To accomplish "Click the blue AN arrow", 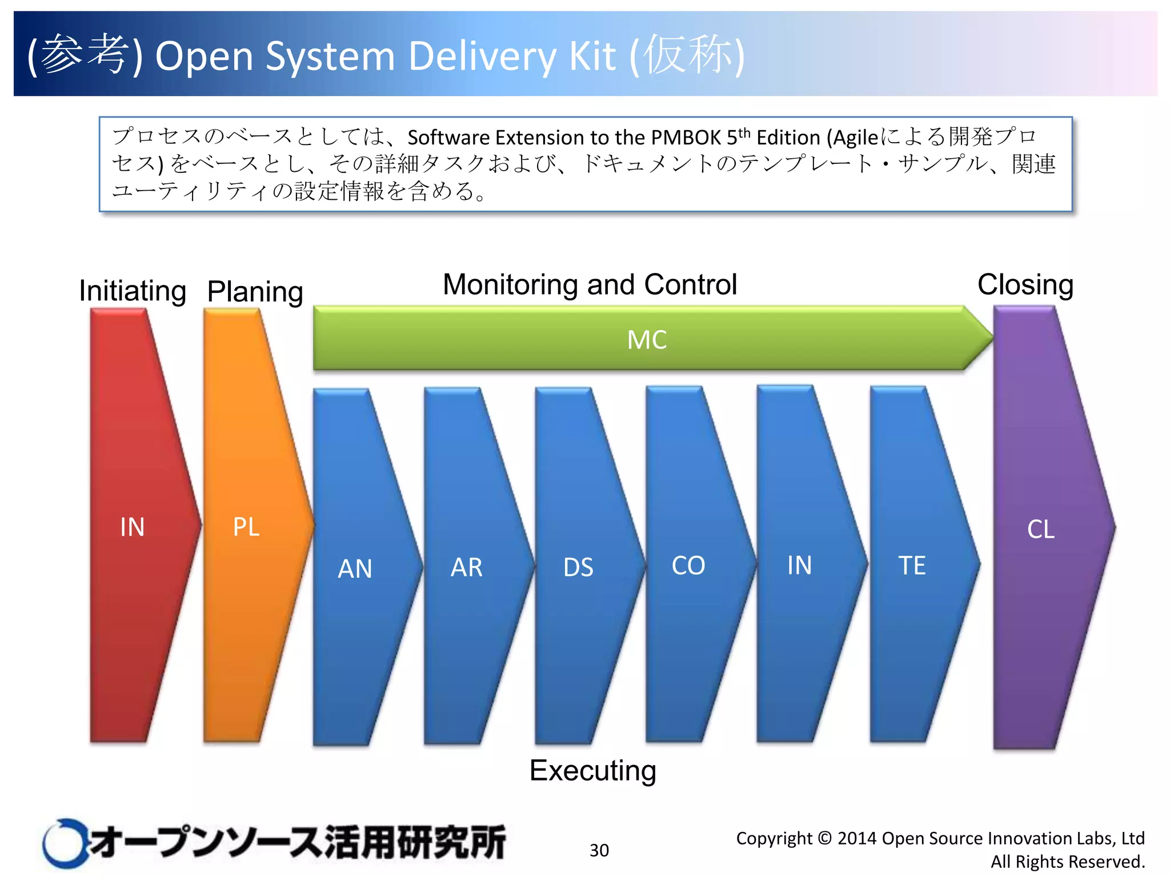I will (x=355, y=568).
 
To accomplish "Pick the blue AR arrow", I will (x=467, y=566).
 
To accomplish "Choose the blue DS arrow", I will (x=578, y=566).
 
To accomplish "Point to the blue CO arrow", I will (x=689, y=565).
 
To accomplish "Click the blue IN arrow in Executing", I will (x=800, y=565).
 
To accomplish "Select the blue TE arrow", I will (x=912, y=565).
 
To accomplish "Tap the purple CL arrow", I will (x=1041, y=528).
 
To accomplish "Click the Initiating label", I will (x=133, y=291).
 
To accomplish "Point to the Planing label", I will (x=255, y=291).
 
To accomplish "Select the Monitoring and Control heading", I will (x=590, y=284).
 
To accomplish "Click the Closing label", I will (x=1025, y=284).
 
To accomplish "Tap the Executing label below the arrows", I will (x=592, y=770).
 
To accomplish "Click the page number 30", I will (x=599, y=850).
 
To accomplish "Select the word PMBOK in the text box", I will (x=686, y=138).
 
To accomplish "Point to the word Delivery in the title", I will (x=482, y=56).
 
